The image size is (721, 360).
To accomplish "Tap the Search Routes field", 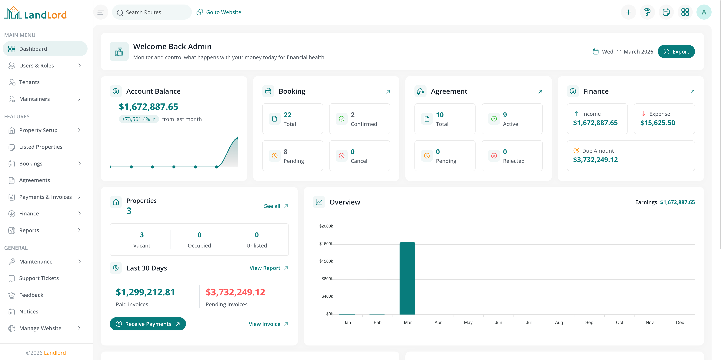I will click(x=152, y=12).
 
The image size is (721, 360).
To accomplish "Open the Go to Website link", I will click(x=219, y=12).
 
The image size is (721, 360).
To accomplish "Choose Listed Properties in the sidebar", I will click(x=41, y=147).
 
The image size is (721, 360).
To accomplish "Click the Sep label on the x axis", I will click(x=589, y=322).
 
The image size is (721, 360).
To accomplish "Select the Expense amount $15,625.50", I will click(x=657, y=123).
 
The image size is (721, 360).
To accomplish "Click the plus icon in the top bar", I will click(x=628, y=12).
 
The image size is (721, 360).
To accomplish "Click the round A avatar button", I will click(x=704, y=12).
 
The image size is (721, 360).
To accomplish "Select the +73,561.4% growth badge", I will click(x=138, y=119).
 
